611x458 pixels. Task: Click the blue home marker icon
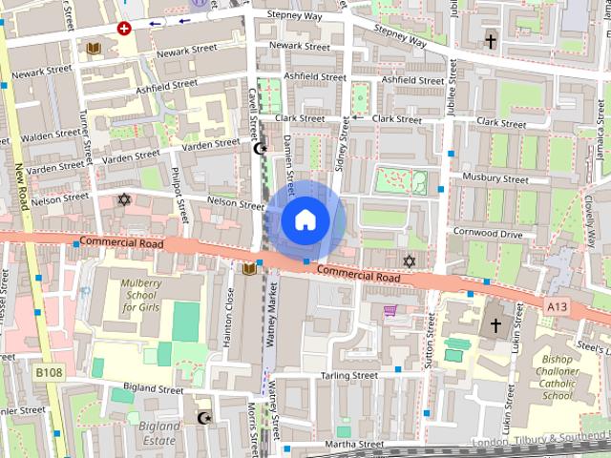point(305,219)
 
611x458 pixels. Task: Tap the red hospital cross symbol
point(123,29)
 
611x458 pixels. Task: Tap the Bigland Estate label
point(158,432)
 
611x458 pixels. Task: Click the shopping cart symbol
point(390,310)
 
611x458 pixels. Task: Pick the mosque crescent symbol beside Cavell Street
point(258,148)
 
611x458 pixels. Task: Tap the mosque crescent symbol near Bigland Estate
point(202,418)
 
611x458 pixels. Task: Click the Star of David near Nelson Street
point(122,198)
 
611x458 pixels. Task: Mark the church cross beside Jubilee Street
point(491,42)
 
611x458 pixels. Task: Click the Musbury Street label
point(495,178)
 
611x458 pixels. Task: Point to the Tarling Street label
point(348,376)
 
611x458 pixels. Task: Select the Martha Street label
point(353,444)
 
